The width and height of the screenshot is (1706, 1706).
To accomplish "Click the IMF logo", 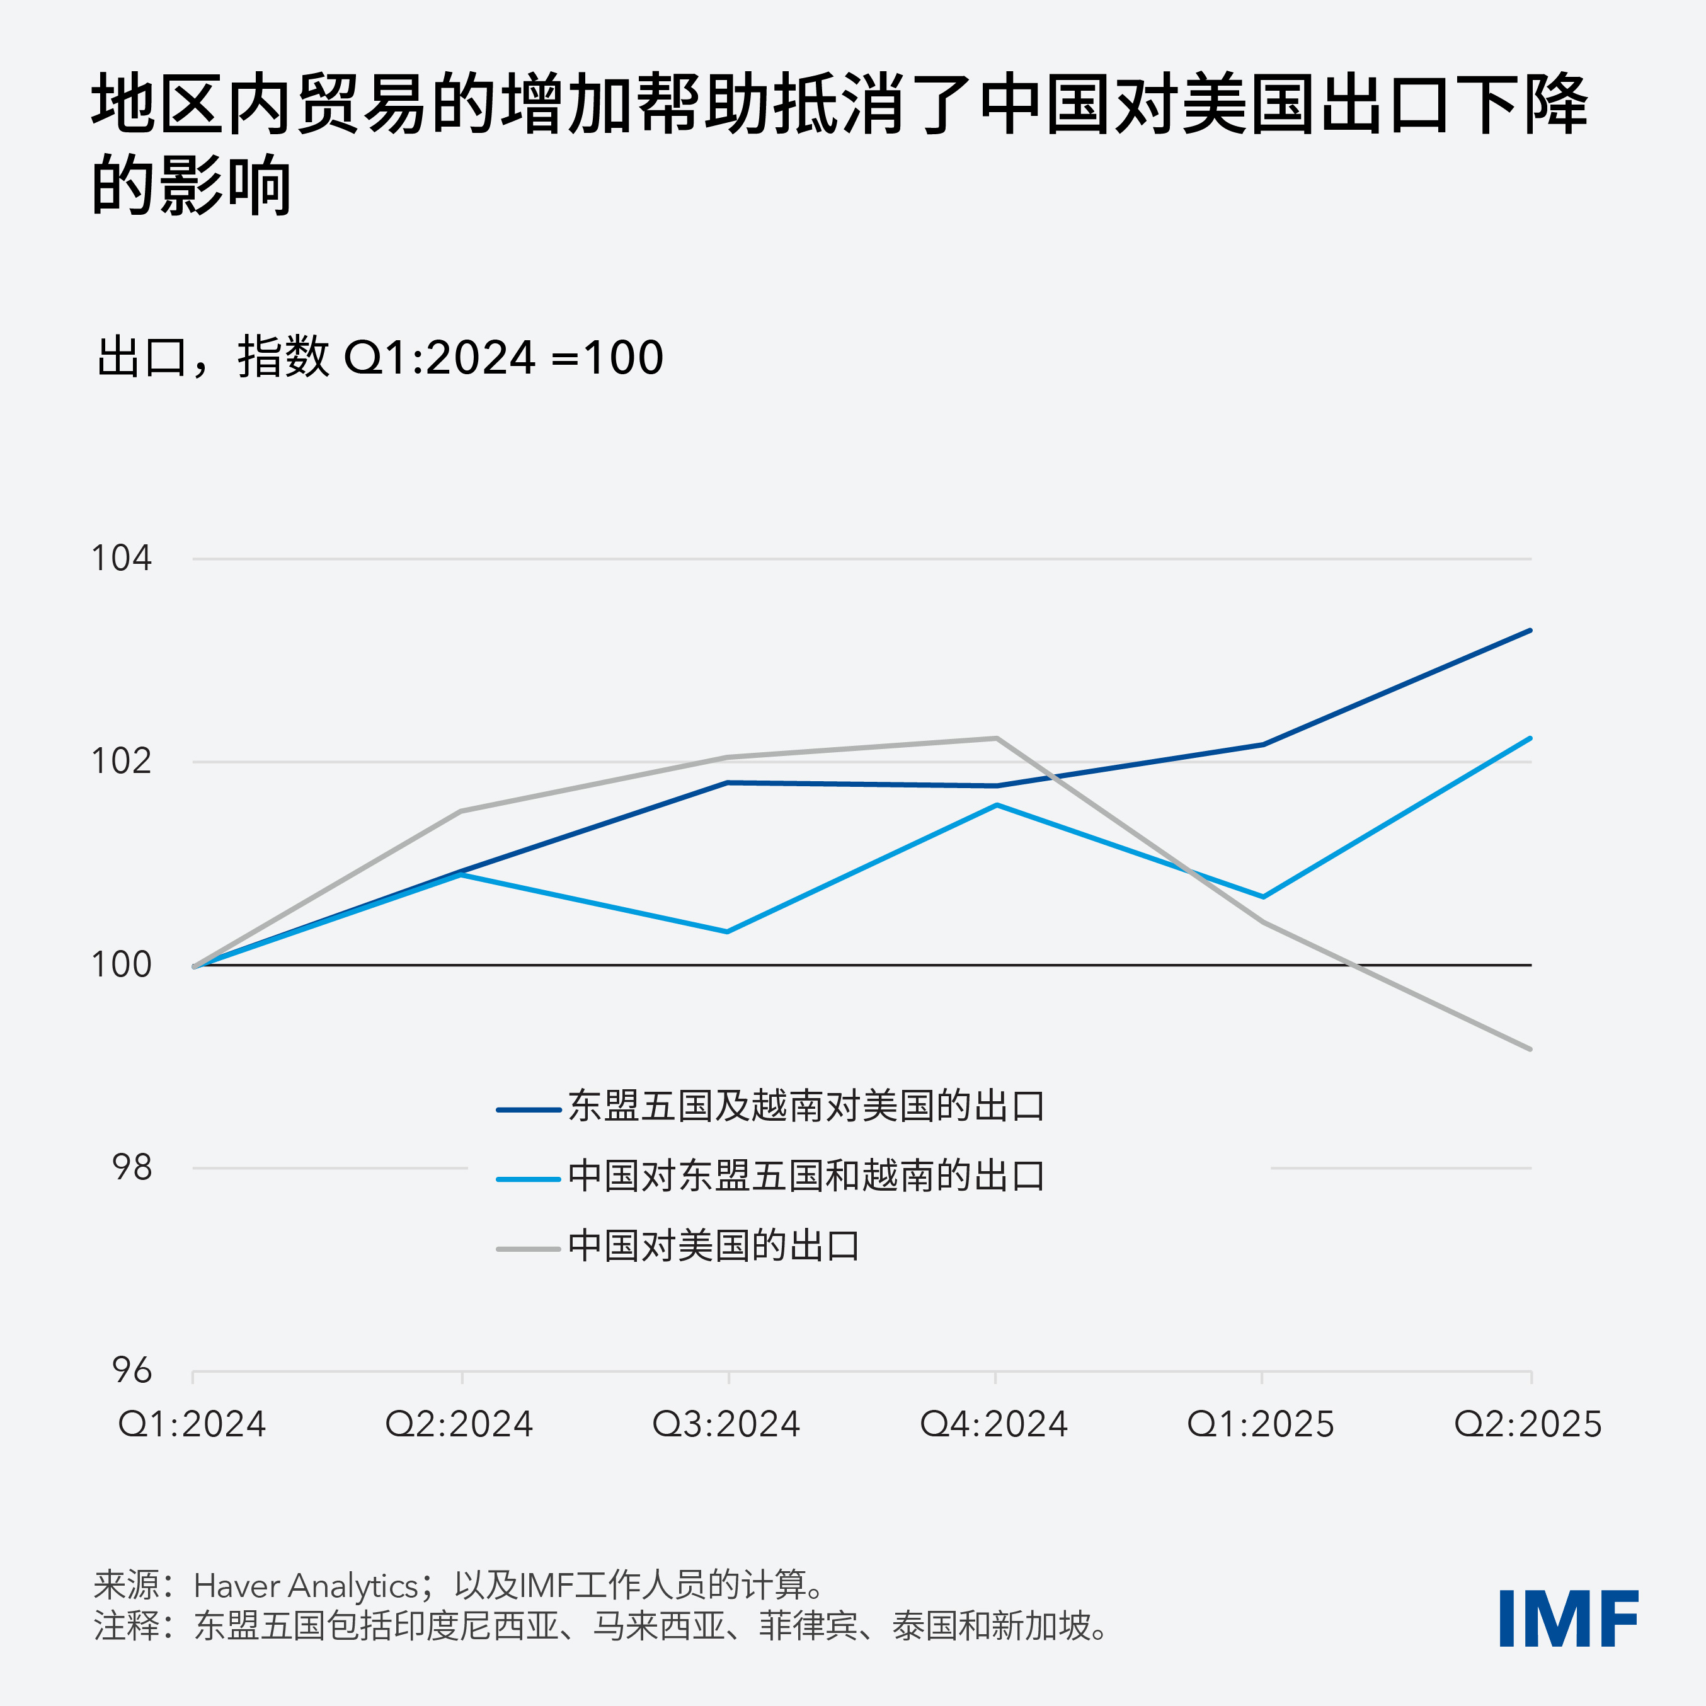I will pos(1567,1618).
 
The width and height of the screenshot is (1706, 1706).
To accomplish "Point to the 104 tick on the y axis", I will pos(122,558).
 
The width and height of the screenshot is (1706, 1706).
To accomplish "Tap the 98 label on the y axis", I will pos(132,1167).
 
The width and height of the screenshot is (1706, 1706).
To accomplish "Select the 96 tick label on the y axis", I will pos(132,1370).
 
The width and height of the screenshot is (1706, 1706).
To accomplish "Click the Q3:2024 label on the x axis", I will pos(726,1424).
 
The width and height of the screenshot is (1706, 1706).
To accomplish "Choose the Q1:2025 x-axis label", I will pos(1260,1424).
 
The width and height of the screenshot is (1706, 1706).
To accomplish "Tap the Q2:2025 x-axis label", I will pos(1528,1424).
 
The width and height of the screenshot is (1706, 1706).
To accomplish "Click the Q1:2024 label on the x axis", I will pos(193,1424).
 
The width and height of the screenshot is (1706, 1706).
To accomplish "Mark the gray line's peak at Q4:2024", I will pos(996,738).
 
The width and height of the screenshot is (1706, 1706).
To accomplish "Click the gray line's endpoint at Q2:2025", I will pos(1530,1049).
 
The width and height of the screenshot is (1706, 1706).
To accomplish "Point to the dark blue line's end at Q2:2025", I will pos(1530,631).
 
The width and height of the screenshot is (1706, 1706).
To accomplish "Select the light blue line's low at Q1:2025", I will pos(1262,897).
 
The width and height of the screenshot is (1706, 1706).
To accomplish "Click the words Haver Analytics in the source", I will pos(306,1586).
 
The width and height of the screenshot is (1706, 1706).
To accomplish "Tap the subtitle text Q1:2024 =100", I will pos(503,358).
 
